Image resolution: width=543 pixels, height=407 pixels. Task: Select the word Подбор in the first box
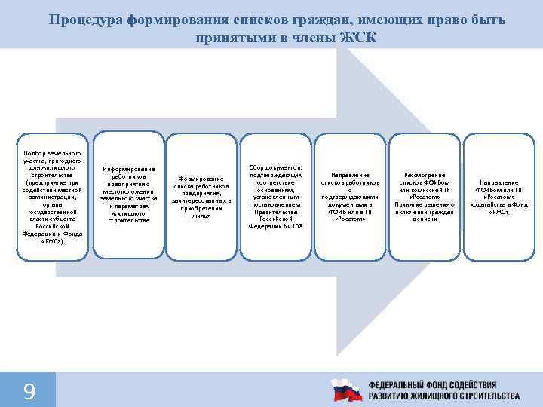[35, 152]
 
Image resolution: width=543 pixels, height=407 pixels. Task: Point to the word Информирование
[128, 169]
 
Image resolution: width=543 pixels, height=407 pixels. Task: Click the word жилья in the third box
[201, 216]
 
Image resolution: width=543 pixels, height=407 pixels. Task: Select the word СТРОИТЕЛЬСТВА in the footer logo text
[480, 396]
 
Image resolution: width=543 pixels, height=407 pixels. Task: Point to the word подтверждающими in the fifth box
[350, 197]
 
